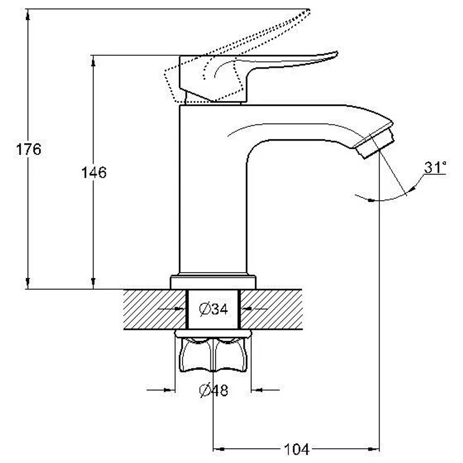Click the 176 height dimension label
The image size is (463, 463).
(x=29, y=150)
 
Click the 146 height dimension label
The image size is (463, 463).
(x=94, y=172)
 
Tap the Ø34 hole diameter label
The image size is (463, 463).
(x=213, y=309)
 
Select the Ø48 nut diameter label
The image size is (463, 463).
(x=213, y=390)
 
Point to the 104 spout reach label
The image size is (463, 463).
(x=296, y=449)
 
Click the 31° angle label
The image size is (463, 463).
(x=435, y=167)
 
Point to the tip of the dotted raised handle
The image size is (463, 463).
(x=308, y=10)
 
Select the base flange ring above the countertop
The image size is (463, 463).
(x=213, y=282)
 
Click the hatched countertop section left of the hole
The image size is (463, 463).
(x=155, y=309)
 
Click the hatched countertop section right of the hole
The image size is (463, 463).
(x=271, y=309)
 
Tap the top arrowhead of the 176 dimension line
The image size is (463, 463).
(x=28, y=14)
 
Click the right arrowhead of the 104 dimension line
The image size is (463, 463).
(x=373, y=449)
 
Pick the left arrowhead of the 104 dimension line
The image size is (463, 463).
(x=219, y=449)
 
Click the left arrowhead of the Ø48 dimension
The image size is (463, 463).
(x=169, y=390)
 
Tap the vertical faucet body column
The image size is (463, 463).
(x=213, y=189)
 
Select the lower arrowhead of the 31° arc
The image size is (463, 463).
(x=371, y=200)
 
